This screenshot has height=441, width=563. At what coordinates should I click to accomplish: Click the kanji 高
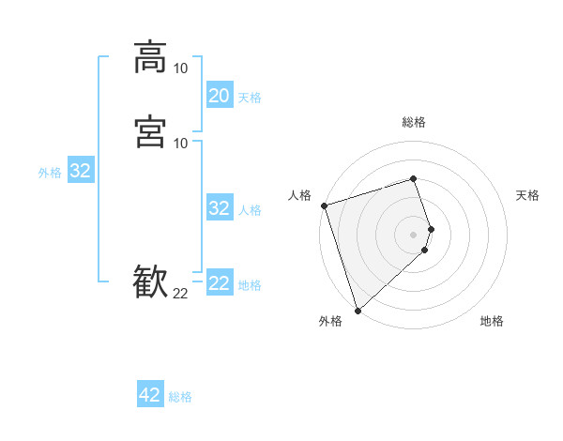pos(151,56)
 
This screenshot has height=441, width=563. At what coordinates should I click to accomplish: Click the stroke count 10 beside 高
pos(180,68)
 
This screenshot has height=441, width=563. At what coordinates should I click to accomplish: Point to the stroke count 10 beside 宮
pos(180,143)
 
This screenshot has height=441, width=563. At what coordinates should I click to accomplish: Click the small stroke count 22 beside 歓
pos(180,294)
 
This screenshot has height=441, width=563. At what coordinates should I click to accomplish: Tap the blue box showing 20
pos(219,96)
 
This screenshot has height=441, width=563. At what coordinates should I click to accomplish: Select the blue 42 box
pos(150,395)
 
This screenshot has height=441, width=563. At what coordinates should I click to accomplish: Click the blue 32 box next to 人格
pos(219,208)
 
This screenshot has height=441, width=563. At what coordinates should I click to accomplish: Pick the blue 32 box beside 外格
pos(80,171)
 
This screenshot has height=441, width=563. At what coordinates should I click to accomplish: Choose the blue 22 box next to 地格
pos(219,283)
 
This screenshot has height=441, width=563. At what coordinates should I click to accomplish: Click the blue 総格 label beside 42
pos(180,397)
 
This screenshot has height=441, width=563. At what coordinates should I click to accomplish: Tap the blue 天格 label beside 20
pos(250,98)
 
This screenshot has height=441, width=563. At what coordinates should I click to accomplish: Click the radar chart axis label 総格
pos(414,122)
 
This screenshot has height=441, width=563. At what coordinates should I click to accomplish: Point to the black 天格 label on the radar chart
pos(527,195)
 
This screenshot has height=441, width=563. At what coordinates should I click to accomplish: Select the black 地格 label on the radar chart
pos(492,321)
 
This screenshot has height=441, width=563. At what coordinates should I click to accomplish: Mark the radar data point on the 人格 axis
pos(324,205)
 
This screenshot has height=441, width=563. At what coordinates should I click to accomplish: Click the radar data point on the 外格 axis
pos(357,311)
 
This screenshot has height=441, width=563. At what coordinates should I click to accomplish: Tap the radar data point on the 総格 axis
pos(414,178)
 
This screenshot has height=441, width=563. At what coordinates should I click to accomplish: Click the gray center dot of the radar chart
pos(414,234)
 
